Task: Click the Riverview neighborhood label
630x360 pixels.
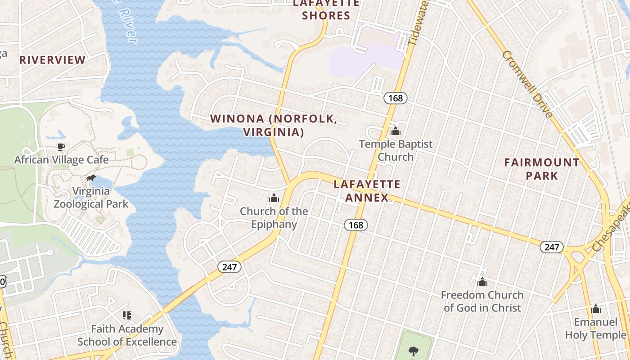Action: coord(52,60)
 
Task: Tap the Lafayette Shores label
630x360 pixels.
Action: coord(326,9)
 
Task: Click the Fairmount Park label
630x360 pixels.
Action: coord(542,169)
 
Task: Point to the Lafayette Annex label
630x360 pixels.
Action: coord(367,191)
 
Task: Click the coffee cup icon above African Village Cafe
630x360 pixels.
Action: coord(61,147)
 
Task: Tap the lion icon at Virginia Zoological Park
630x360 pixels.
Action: coord(91,178)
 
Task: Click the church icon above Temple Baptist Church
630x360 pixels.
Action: coord(396,131)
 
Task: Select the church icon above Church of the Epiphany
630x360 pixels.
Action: coord(274,198)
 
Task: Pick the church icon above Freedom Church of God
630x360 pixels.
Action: coord(482,282)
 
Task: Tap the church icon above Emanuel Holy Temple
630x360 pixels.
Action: coord(596,309)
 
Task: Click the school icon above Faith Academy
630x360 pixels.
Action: coord(127,315)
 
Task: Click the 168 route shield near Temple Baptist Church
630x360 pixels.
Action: coord(396,98)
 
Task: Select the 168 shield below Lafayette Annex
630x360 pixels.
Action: coord(356,225)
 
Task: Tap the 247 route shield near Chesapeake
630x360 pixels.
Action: coord(552,247)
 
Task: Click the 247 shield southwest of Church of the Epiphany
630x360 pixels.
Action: coord(229,267)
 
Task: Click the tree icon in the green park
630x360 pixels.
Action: coord(413,351)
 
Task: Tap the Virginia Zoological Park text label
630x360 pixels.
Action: coord(91,198)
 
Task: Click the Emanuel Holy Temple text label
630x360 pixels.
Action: coord(595,328)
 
